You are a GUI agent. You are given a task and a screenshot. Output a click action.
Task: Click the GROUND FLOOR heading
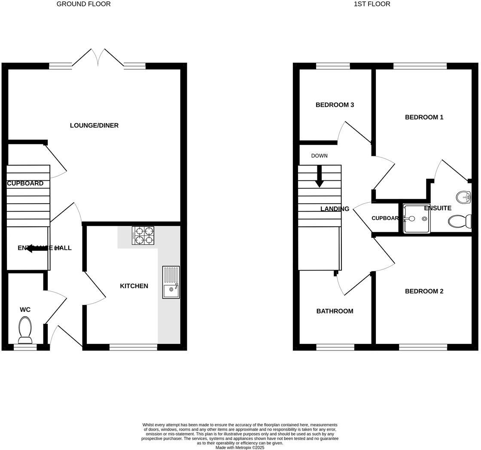pos(83,4)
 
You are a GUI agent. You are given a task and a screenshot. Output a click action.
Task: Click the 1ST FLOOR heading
pos(372,4)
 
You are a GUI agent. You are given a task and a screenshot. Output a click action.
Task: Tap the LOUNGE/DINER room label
pos(94,125)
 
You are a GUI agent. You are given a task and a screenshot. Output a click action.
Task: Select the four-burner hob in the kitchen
pos(143,235)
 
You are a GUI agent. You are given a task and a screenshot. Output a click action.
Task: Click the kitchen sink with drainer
pos(171,282)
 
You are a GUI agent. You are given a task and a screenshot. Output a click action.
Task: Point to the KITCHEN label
pos(134,286)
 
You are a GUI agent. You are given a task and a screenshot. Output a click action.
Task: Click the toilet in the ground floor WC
pos(24,330)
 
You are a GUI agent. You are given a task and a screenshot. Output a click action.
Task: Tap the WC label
pos(25,310)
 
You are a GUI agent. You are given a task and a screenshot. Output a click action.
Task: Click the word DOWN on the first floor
pos(319,156)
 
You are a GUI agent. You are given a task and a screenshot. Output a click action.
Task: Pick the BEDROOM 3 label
pos(335,105)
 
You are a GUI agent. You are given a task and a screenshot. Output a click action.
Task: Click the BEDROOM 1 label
pos(424,117)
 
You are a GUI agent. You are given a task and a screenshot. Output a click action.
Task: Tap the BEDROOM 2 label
pos(424,291)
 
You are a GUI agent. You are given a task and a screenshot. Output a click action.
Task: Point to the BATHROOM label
pos(335,311)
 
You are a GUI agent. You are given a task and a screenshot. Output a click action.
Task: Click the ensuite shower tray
pos(416,219)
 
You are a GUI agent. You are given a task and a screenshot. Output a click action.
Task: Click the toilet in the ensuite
pos(459,222)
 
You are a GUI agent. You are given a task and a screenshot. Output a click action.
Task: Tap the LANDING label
pos(335,209)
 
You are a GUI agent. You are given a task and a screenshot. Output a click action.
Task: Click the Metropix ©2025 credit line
pos(240,447)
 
